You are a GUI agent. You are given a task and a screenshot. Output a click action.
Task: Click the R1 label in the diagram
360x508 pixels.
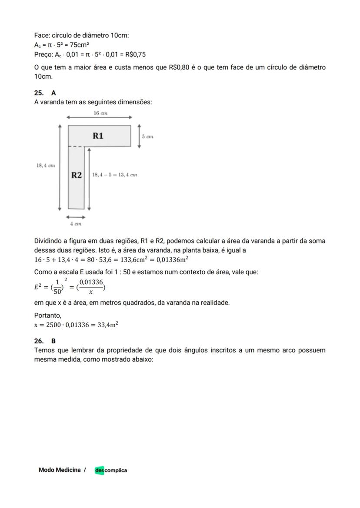click(98, 136)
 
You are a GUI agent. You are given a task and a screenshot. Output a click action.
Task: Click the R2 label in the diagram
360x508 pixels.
click(77, 175)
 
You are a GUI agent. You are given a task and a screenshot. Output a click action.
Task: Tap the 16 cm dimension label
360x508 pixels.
click(100, 113)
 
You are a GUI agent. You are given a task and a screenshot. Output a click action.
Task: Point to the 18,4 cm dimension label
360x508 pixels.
click(45, 165)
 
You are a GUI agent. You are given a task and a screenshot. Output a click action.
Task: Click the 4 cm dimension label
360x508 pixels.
click(76, 224)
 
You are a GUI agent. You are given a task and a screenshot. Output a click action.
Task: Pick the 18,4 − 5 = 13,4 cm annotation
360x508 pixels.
click(115, 175)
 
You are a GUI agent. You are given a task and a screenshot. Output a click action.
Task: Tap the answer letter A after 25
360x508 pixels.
click(53, 93)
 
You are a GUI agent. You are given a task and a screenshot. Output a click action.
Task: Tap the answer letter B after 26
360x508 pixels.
click(53, 341)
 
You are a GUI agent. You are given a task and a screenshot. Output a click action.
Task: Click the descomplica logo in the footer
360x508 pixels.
click(111, 470)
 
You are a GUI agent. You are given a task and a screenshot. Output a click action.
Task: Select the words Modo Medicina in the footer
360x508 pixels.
click(60, 470)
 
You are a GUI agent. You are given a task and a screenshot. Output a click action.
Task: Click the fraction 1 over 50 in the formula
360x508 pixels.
click(57, 286)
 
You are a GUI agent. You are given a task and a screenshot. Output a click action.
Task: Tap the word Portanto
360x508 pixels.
click(48, 315)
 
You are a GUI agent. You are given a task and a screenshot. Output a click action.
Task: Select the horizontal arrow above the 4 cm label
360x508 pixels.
click(76, 216)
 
